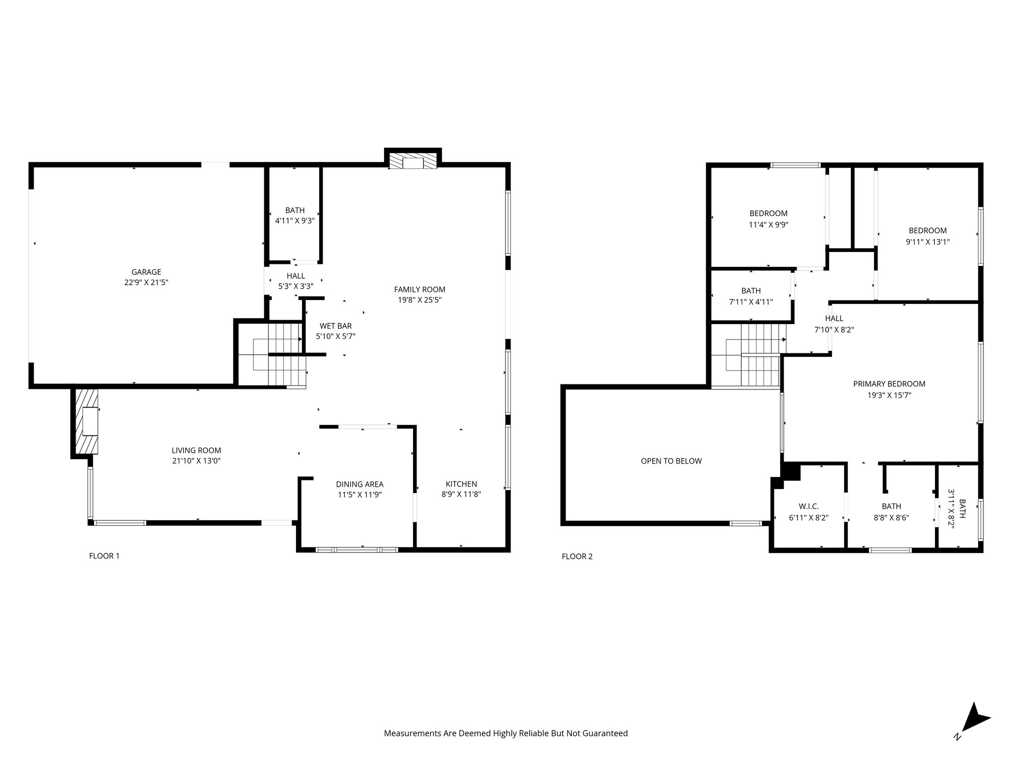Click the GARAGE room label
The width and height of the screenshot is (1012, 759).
[146, 272]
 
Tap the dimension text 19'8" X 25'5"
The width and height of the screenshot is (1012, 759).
[420, 300]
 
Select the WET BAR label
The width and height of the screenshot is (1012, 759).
[336, 326]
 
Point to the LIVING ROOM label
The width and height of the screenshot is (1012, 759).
[196, 450]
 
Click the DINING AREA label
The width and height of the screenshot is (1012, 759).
[360, 484]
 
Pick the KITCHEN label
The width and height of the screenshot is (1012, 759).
[461, 484]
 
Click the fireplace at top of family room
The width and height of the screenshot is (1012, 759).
[413, 161]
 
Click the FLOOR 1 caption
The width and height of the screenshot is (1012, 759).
[104, 556]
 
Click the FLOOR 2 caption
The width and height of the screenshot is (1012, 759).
[577, 556]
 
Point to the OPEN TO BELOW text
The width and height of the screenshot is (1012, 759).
[671, 461]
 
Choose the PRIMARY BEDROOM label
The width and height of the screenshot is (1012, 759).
[889, 384]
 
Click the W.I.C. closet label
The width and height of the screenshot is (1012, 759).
[808, 506]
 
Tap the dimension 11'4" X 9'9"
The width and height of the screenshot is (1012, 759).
[768, 224]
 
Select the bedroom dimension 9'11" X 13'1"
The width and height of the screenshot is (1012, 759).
[928, 242]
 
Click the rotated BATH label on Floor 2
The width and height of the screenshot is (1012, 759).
[962, 508]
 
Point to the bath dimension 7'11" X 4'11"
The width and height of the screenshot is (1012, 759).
[751, 302]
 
